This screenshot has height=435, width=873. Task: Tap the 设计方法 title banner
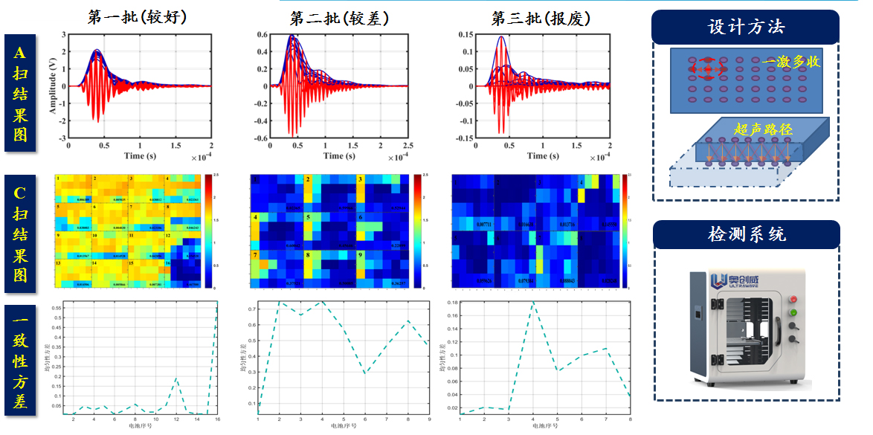tap(746, 28)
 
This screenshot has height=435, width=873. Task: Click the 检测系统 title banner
tap(746, 234)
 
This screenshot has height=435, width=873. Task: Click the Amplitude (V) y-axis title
tap(53, 86)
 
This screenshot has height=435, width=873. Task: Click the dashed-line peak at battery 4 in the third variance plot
tap(532, 303)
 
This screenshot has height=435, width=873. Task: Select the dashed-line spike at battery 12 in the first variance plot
tap(176, 378)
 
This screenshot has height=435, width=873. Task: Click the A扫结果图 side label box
tap(19, 93)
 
